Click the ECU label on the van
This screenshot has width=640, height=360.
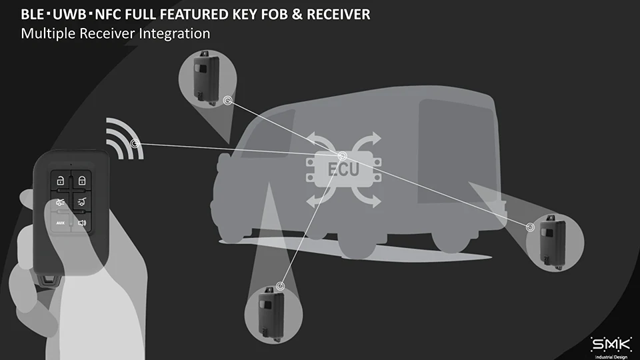[x=343, y=170]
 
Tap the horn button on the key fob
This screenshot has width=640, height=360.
[x=81, y=223]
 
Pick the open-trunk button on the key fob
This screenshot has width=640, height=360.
[x=81, y=201]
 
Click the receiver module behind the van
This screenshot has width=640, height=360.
[x=553, y=241]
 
